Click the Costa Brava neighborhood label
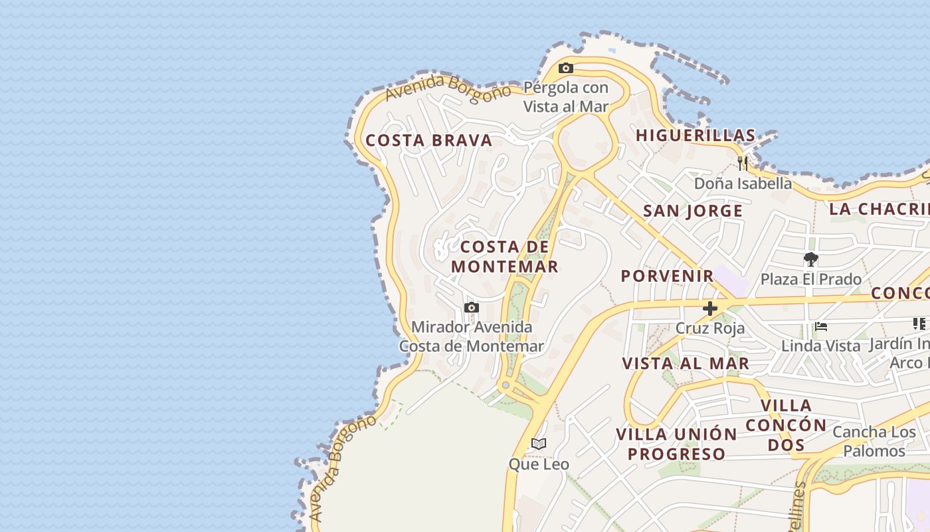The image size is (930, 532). [x=429, y=140]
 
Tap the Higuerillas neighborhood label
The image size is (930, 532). [x=696, y=135]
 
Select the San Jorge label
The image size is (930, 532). [x=693, y=211]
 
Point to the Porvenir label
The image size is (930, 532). [x=668, y=275]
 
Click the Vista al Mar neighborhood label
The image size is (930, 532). [x=686, y=363]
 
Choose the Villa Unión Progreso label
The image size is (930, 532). [x=676, y=444]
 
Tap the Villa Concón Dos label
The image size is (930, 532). [x=787, y=425]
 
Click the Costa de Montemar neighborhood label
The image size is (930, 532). [x=505, y=257]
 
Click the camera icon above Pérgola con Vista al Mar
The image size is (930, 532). [x=566, y=68]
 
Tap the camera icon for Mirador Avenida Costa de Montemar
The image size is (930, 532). [x=472, y=307]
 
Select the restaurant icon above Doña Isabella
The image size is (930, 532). [x=743, y=163]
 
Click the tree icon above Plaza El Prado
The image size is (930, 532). [x=810, y=259]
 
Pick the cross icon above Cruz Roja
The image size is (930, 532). [x=710, y=309]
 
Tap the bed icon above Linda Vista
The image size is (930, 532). [x=821, y=327]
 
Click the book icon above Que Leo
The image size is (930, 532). [x=539, y=444]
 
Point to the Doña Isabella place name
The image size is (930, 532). [x=743, y=183]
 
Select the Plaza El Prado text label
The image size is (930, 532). [x=810, y=279]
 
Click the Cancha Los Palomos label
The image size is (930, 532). [x=874, y=442]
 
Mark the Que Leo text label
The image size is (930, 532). [x=539, y=464]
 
